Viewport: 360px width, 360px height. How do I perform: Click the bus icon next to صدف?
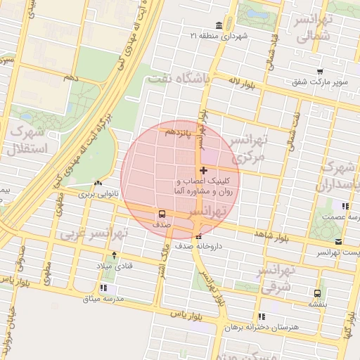coord(162,214)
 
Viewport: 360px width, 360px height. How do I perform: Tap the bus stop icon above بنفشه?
coord(317,293)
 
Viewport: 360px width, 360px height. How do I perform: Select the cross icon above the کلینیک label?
coord(204,170)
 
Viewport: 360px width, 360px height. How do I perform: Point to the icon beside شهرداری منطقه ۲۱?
coord(219,26)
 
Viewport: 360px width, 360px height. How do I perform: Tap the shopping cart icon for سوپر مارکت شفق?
coord(320,72)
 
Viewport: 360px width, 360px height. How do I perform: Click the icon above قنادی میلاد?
coord(114,256)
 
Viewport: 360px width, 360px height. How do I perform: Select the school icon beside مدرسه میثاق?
coord(103,288)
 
